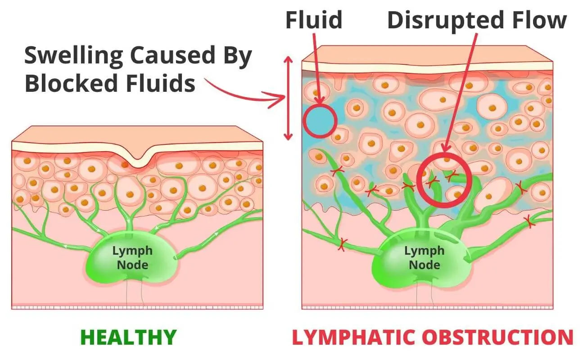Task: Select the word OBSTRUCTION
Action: tap(500, 337)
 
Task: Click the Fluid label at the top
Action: tap(314, 21)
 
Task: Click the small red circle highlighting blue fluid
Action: tap(320, 121)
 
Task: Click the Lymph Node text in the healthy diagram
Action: tap(132, 257)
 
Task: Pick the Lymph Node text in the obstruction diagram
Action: tap(425, 257)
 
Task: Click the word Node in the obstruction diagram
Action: tap(425, 264)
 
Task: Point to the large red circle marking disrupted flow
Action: tap(444, 180)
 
